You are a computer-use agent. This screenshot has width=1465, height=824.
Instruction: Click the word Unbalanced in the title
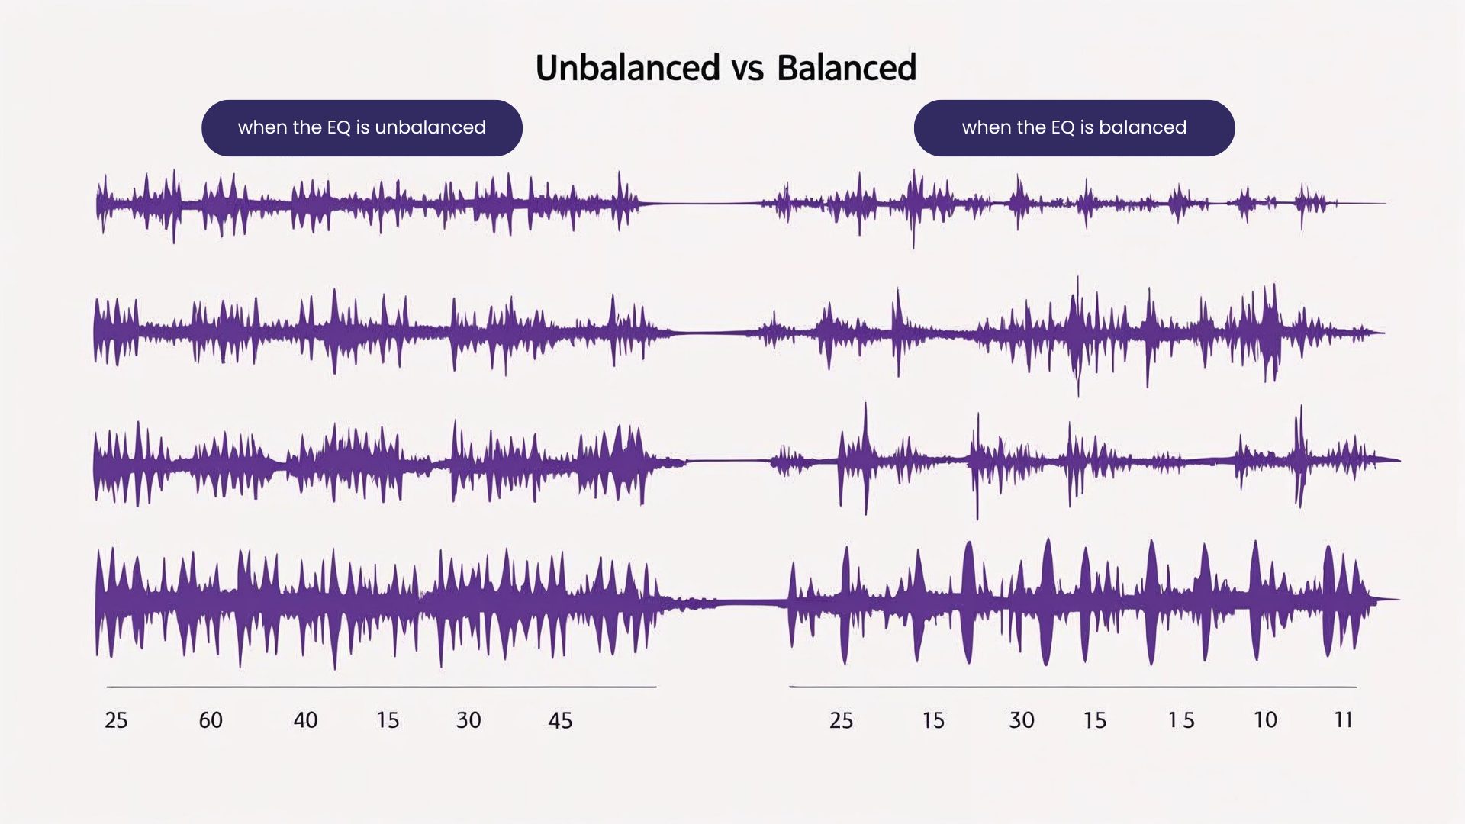[627, 68]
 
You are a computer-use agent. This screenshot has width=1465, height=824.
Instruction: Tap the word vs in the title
[748, 69]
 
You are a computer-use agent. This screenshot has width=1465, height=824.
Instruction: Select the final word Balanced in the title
[846, 68]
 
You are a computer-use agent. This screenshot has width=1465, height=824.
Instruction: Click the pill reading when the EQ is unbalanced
[362, 127]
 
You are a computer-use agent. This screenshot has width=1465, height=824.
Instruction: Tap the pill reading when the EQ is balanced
[1074, 127]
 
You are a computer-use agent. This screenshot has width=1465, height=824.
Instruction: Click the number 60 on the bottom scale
[211, 720]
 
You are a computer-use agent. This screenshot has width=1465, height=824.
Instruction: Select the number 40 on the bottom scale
[305, 720]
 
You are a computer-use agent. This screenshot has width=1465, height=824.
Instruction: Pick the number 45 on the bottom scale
[560, 720]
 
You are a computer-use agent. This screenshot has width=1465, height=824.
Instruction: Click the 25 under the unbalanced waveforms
[116, 720]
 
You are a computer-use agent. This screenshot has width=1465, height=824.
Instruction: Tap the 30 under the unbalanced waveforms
[468, 720]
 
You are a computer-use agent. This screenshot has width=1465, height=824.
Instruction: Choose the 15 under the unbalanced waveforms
[388, 720]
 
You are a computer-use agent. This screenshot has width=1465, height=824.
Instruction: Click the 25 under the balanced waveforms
[841, 720]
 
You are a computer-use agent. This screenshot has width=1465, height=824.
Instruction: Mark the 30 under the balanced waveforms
[1022, 720]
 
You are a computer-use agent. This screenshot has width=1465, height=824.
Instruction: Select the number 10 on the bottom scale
[1265, 720]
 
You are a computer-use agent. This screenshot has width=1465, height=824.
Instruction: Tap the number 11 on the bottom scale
[1343, 720]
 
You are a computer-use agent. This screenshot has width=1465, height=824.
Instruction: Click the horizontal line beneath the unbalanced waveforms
[382, 687]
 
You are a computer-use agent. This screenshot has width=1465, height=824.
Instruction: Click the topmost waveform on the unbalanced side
[366, 204]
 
